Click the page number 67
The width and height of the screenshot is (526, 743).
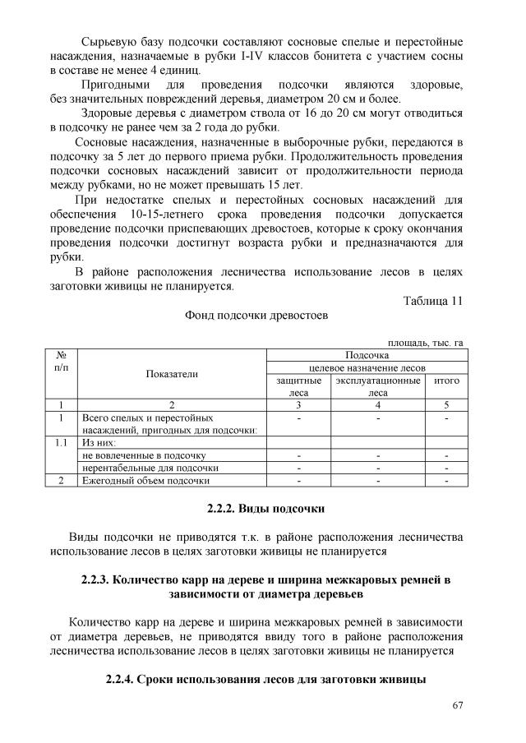(457, 705)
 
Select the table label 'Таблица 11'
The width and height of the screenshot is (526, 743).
(432, 300)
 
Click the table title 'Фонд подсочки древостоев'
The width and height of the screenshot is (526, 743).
(256, 315)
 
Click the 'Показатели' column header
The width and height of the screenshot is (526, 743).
(172, 374)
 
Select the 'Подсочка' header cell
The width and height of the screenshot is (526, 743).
(365, 354)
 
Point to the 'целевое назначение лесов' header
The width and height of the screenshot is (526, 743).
(365, 367)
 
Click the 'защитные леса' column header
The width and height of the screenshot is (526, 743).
(298, 386)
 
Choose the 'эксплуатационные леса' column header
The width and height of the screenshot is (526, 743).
(378, 386)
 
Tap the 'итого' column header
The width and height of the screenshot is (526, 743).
(445, 381)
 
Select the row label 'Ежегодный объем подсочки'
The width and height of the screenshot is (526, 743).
(146, 480)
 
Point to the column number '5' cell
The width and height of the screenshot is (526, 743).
(445, 404)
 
